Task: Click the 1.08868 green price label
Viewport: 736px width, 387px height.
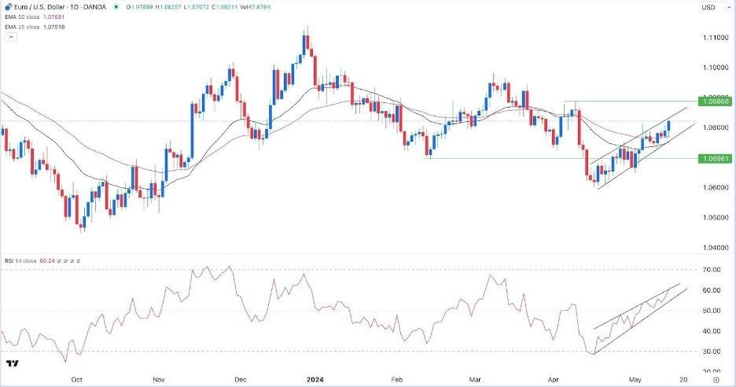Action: point(716,101)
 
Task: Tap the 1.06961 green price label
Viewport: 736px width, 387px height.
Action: point(716,158)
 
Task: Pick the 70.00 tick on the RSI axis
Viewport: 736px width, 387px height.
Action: point(712,270)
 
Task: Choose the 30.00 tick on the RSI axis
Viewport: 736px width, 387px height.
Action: point(712,352)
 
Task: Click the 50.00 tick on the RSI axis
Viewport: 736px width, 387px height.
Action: point(712,311)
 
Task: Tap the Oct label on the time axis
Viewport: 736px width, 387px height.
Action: point(77,379)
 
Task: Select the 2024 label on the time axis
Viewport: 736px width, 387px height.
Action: point(306,379)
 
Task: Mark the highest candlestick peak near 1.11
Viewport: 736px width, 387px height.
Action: point(307,27)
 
